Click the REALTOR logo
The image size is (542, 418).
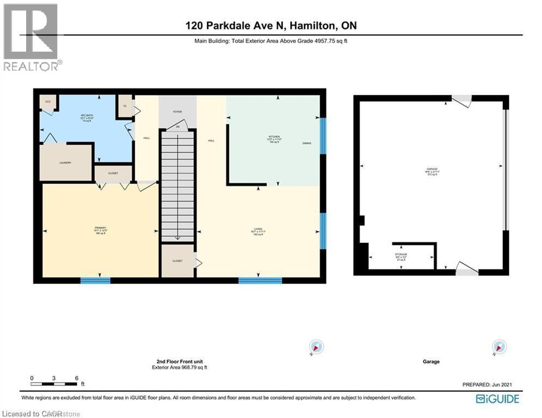click(x=31, y=37)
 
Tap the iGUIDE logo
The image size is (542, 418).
click(x=497, y=399)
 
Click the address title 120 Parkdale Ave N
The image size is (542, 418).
click(x=270, y=26)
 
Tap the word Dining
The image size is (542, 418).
click(x=307, y=143)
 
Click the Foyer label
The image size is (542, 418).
click(x=177, y=112)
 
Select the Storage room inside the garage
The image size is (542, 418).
click(x=401, y=257)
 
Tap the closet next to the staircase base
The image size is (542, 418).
click(x=178, y=261)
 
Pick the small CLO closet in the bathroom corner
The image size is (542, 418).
click(x=48, y=102)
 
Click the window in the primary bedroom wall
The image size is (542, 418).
click(x=95, y=281)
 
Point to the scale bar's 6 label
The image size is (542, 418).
click(x=77, y=378)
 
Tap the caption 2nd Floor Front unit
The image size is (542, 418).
click(x=179, y=361)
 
